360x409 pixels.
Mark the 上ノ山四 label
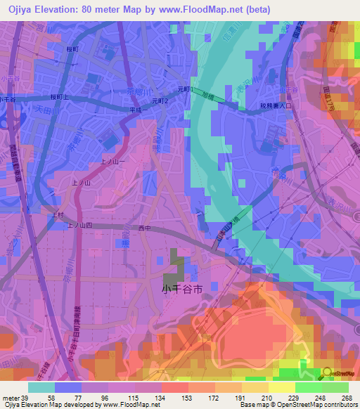click(79, 226)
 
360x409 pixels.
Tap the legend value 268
click(347, 398)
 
